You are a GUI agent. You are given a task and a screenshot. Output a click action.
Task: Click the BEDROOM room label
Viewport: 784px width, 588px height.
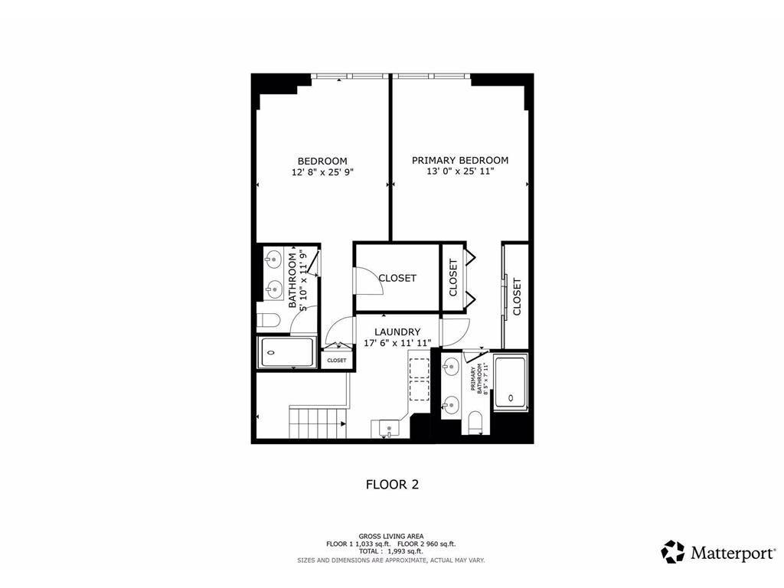click(x=322, y=161)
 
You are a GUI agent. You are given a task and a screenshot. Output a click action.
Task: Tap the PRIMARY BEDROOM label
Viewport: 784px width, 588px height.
click(x=460, y=160)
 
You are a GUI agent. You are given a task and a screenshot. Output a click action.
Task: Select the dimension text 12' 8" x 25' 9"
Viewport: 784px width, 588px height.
click(x=322, y=172)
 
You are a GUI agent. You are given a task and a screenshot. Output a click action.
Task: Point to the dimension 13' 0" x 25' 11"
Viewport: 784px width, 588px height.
click(x=460, y=171)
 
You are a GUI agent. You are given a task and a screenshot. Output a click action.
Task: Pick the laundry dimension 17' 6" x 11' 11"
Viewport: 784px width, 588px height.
click(x=397, y=343)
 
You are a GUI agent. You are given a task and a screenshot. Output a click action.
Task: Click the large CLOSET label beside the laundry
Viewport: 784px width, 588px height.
click(x=397, y=278)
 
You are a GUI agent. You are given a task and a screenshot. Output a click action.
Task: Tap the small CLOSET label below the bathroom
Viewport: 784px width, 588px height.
click(x=337, y=360)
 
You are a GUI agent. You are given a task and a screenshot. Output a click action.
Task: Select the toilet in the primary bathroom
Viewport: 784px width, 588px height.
click(x=474, y=421)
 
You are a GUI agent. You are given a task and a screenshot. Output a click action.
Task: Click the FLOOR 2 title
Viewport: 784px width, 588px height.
click(x=392, y=484)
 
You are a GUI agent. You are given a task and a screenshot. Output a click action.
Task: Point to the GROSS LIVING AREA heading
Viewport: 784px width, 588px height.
click(x=391, y=536)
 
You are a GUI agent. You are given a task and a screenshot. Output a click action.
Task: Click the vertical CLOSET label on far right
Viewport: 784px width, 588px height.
click(x=517, y=296)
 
